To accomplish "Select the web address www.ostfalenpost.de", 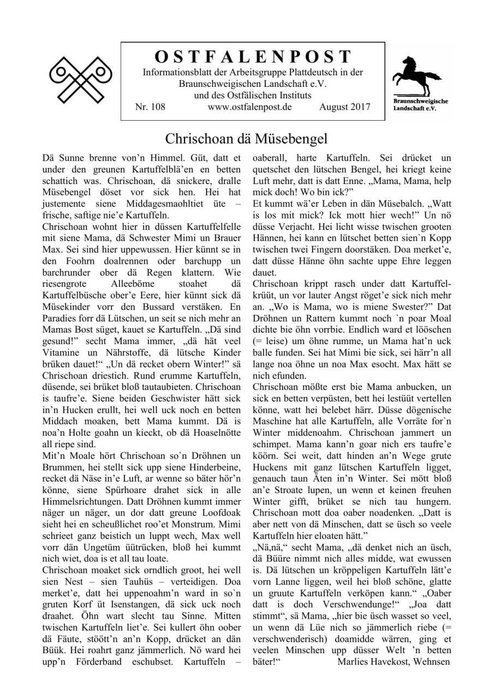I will point(249,107).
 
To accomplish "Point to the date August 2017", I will point(344,107).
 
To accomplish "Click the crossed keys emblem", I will point(80,79).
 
